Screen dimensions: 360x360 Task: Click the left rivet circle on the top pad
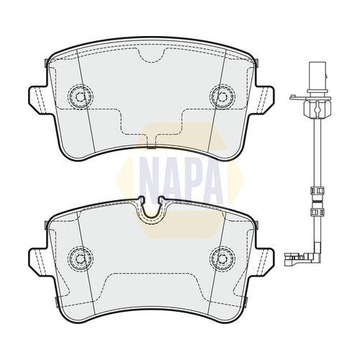[x=81, y=96]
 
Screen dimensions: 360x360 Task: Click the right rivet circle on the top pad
[x=222, y=96]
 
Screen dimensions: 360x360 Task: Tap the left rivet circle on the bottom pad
[x=81, y=258]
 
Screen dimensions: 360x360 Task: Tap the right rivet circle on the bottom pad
[x=222, y=258]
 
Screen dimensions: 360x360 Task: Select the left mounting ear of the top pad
[x=38, y=99]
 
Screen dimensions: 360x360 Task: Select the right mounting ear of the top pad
[x=264, y=99]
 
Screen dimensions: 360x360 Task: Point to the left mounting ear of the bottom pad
[x=38, y=261]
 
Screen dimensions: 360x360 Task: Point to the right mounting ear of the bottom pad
[x=264, y=261]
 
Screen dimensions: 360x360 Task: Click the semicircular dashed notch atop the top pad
[x=151, y=60]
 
